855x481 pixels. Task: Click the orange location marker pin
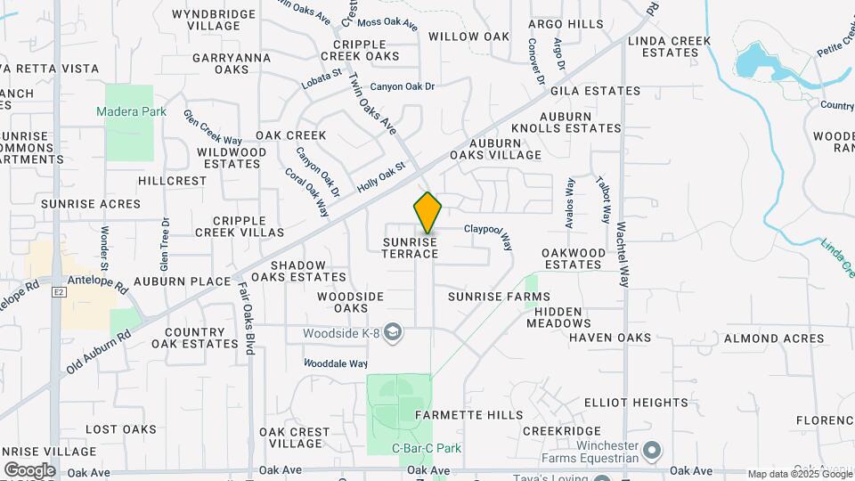pyautogui.click(x=427, y=213)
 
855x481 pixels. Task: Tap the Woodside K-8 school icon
pyautogui.click(x=393, y=333)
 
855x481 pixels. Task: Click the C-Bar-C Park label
pyautogui.click(x=427, y=448)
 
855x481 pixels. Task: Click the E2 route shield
pyautogui.click(x=60, y=290)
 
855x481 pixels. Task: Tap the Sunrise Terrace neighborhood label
pyautogui.click(x=411, y=248)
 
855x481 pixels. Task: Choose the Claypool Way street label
pyautogui.click(x=488, y=235)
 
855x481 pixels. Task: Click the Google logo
pyautogui.click(x=29, y=469)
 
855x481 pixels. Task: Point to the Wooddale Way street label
pyautogui.click(x=336, y=363)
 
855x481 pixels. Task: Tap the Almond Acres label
pyautogui.click(x=773, y=338)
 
